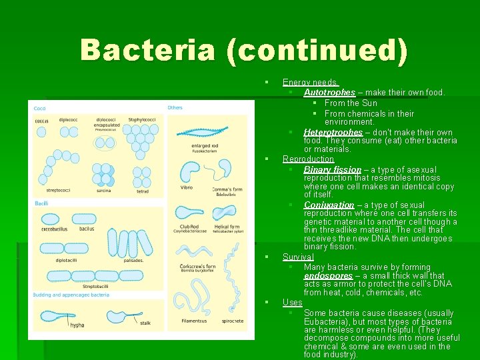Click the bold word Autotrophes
click(x=329, y=93)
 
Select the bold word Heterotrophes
click(x=333, y=132)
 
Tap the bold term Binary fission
click(x=332, y=170)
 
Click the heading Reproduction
click(x=308, y=159)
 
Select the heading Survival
click(x=297, y=257)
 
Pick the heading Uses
click(x=292, y=303)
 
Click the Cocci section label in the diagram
click(x=40, y=108)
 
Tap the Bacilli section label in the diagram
click(x=41, y=203)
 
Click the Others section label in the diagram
click(x=175, y=107)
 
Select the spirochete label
click(x=232, y=321)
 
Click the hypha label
click(x=77, y=325)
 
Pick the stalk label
click(x=145, y=323)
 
